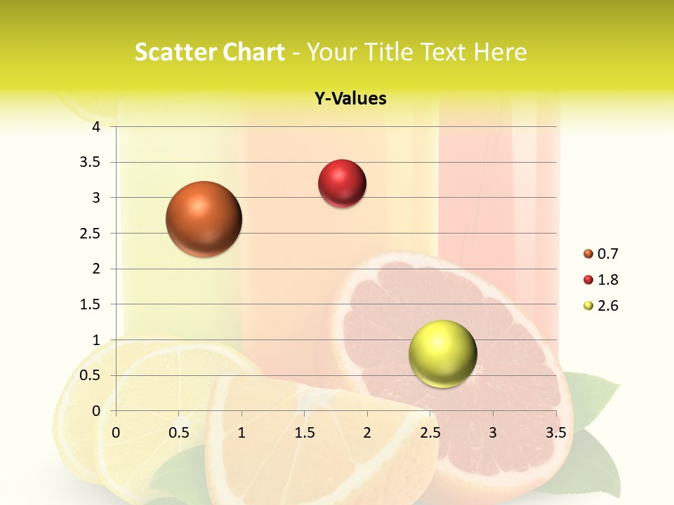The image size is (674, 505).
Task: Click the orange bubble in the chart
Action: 204,219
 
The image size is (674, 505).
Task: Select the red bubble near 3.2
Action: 342,184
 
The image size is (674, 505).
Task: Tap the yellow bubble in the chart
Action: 442,353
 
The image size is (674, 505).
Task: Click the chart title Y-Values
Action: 350,99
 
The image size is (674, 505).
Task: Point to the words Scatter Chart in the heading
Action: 209,52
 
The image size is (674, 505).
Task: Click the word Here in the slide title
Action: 500,52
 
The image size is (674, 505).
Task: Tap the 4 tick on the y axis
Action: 96,127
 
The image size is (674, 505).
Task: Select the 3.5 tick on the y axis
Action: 91,162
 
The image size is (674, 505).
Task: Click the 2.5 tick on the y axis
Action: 91,233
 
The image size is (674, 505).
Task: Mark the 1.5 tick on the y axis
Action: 91,304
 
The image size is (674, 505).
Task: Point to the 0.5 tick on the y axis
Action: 91,375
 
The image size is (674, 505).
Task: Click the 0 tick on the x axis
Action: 116,433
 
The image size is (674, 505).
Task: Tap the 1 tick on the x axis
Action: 242,433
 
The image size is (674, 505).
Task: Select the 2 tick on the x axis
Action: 367,433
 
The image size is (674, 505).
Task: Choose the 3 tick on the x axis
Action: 493,433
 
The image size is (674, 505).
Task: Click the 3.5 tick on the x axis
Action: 555,433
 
